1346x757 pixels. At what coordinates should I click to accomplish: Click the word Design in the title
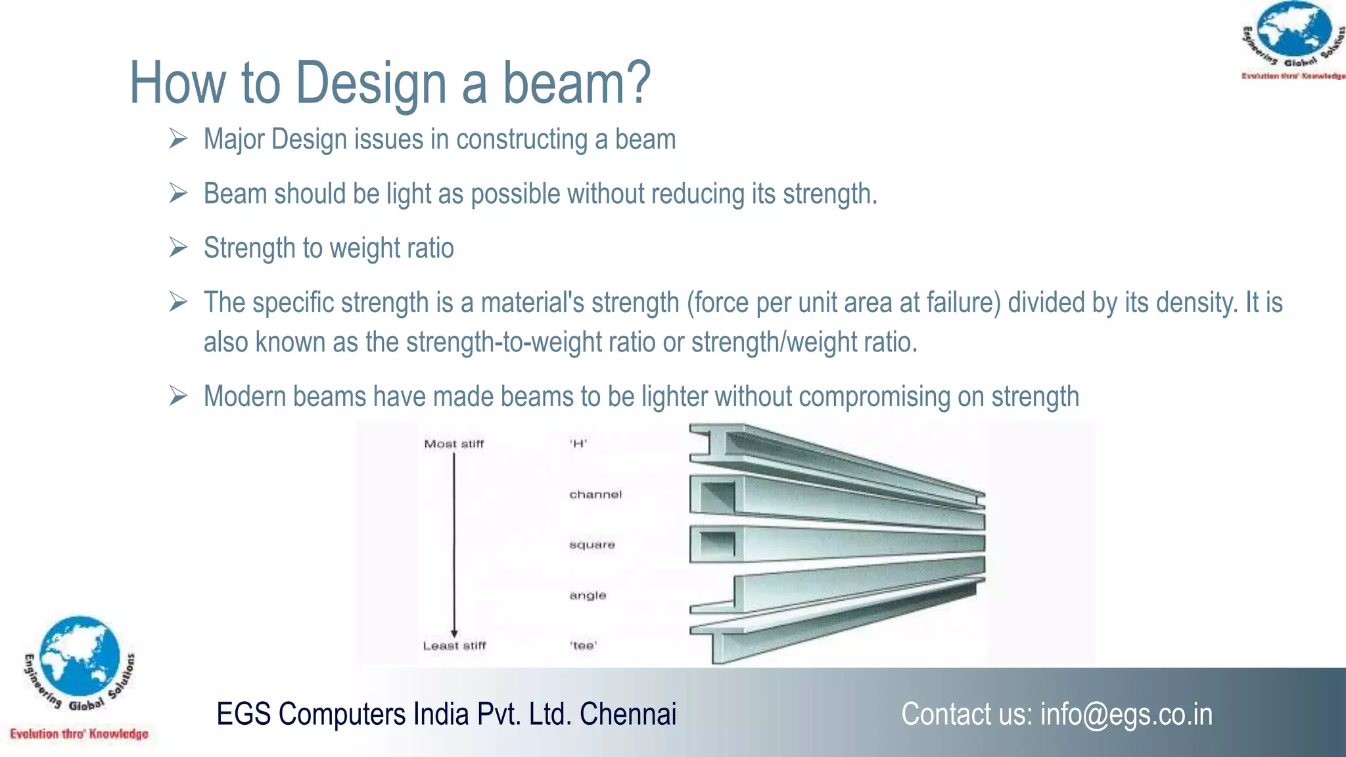tap(371, 84)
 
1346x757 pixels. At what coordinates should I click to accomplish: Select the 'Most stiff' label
tap(453, 444)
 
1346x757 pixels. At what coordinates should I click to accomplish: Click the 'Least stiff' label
tap(454, 646)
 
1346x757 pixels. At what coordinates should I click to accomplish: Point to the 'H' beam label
tap(578, 444)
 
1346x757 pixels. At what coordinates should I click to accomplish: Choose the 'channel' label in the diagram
tap(595, 494)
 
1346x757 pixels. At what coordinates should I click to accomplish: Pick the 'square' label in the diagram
tap(592, 545)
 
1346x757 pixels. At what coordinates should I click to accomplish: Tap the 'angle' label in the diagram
tap(588, 595)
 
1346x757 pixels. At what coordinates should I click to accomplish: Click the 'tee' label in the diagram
tap(583, 646)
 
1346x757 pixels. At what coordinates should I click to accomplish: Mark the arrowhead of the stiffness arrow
tap(454, 633)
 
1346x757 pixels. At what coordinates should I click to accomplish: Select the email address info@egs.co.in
tap(1126, 714)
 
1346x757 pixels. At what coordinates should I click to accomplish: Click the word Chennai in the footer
tap(628, 714)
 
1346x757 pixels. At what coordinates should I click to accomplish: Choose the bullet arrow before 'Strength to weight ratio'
tap(178, 248)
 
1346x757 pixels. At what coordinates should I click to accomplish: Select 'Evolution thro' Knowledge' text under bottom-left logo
tap(79, 734)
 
